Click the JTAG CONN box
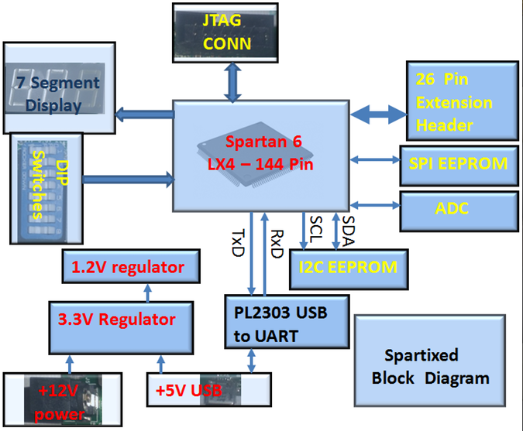pyautogui.click(x=227, y=33)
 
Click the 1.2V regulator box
pyautogui.click(x=128, y=268)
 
